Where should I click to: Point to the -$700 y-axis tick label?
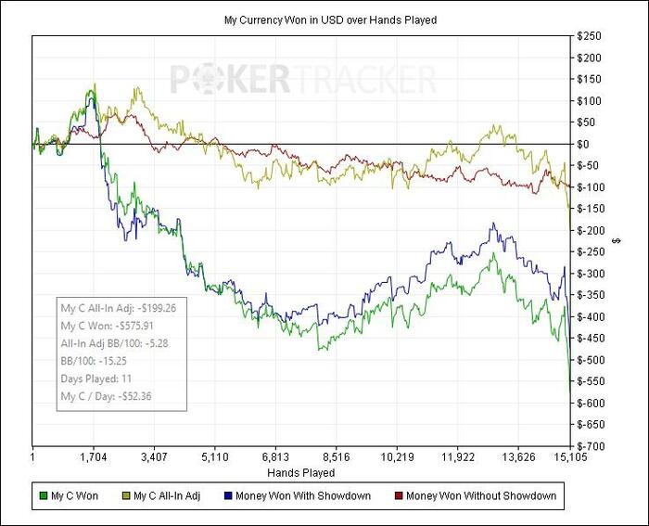(589, 446)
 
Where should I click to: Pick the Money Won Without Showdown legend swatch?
(399, 496)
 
